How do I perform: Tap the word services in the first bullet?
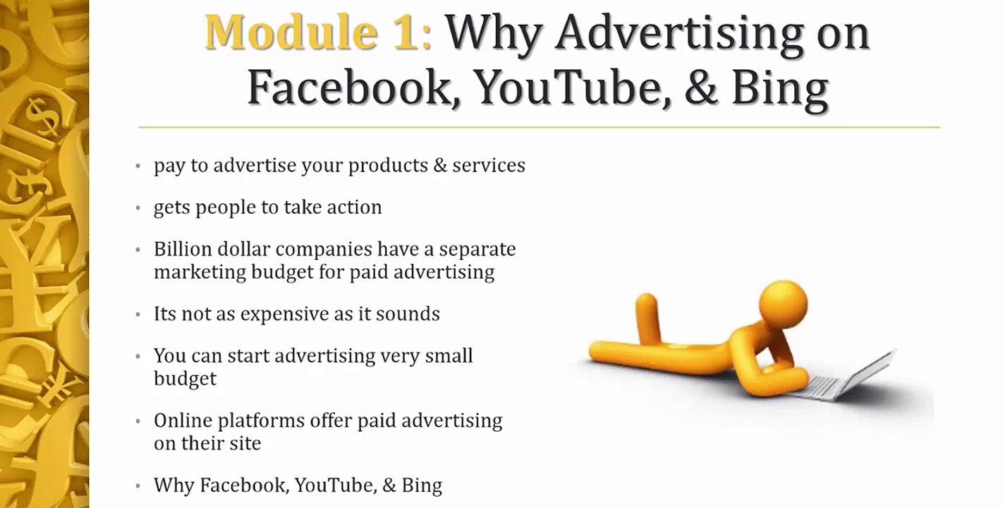488,166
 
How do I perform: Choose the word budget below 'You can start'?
185,379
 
